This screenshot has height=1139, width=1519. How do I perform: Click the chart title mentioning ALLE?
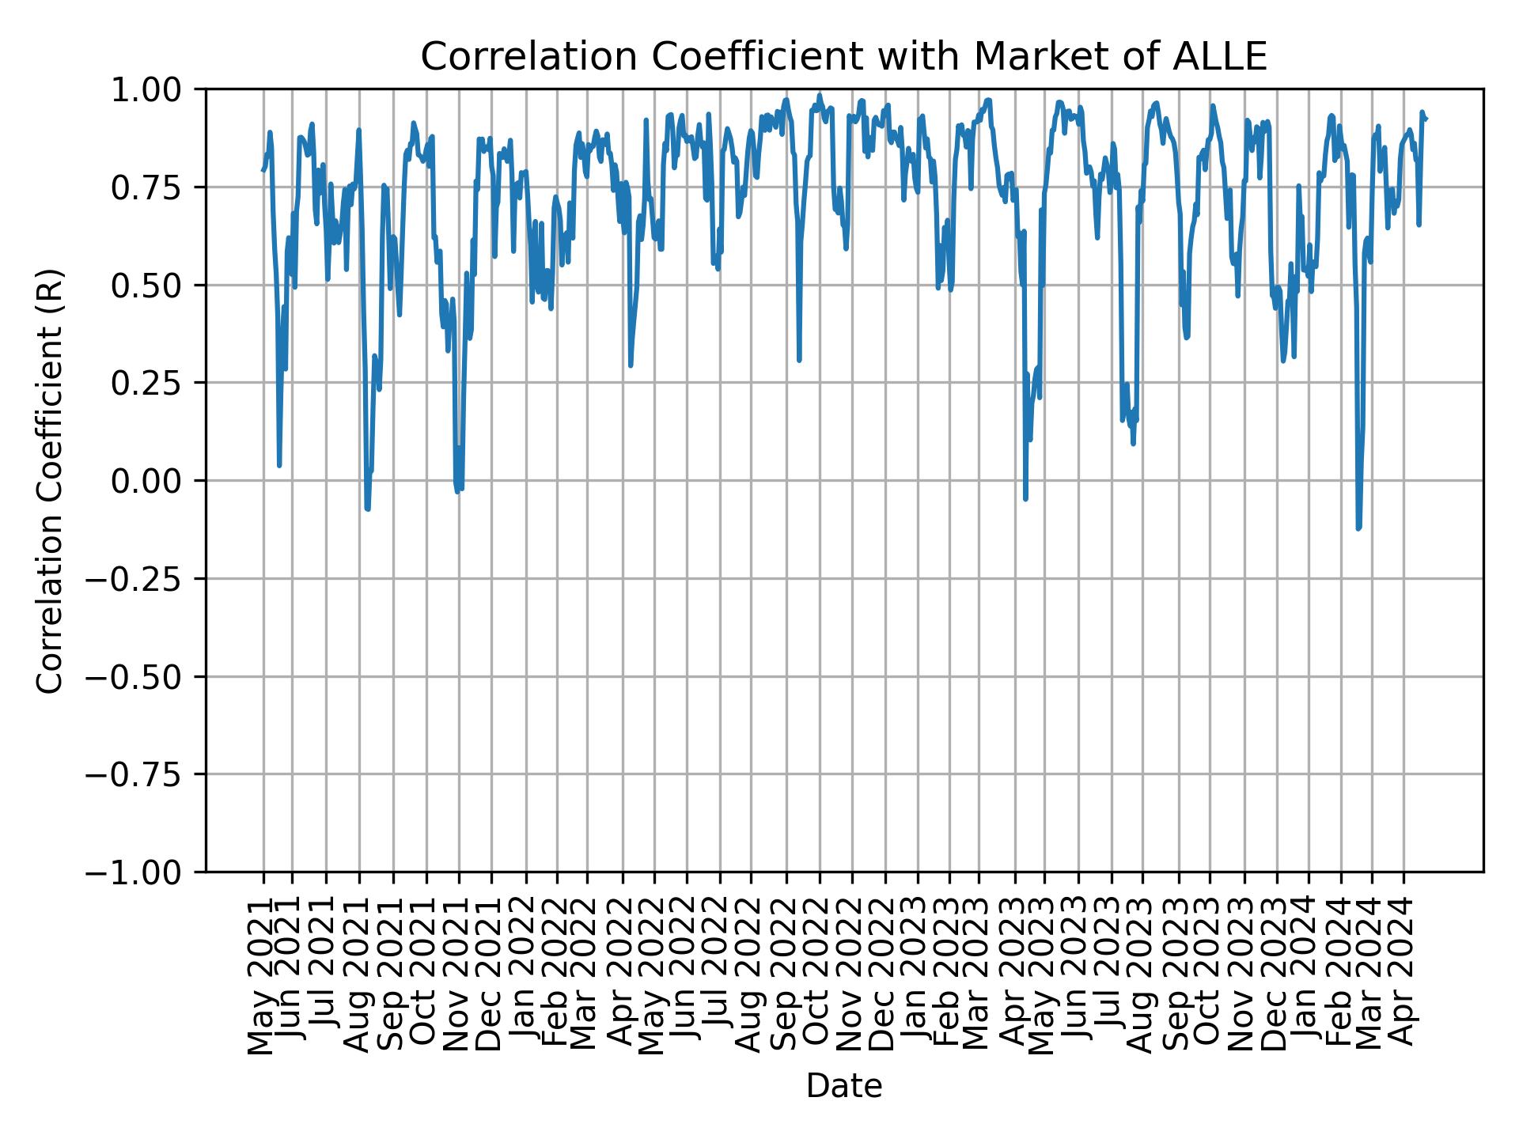point(843,57)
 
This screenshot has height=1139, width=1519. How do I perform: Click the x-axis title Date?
point(843,1086)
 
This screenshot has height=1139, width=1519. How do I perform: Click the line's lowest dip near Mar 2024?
point(1358,528)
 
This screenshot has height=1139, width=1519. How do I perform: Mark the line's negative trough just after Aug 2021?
point(368,509)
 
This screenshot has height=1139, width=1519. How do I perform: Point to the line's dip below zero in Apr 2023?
point(1025,499)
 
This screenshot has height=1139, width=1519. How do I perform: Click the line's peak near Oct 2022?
point(819,95)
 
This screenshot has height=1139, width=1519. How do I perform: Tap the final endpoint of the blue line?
point(1426,119)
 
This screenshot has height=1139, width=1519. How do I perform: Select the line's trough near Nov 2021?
point(458,490)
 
